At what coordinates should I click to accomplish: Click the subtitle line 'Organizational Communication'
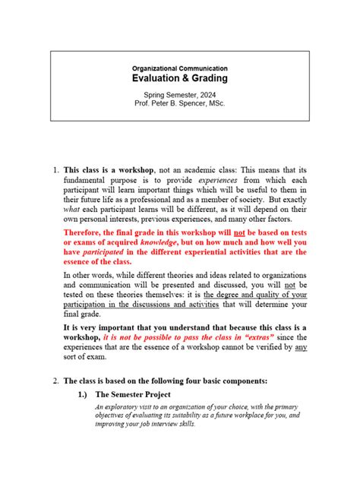pyautogui.click(x=180, y=68)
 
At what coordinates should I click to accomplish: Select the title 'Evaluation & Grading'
pyautogui.click(x=180, y=79)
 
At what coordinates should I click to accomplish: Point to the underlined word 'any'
pyautogui.click(x=301, y=347)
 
